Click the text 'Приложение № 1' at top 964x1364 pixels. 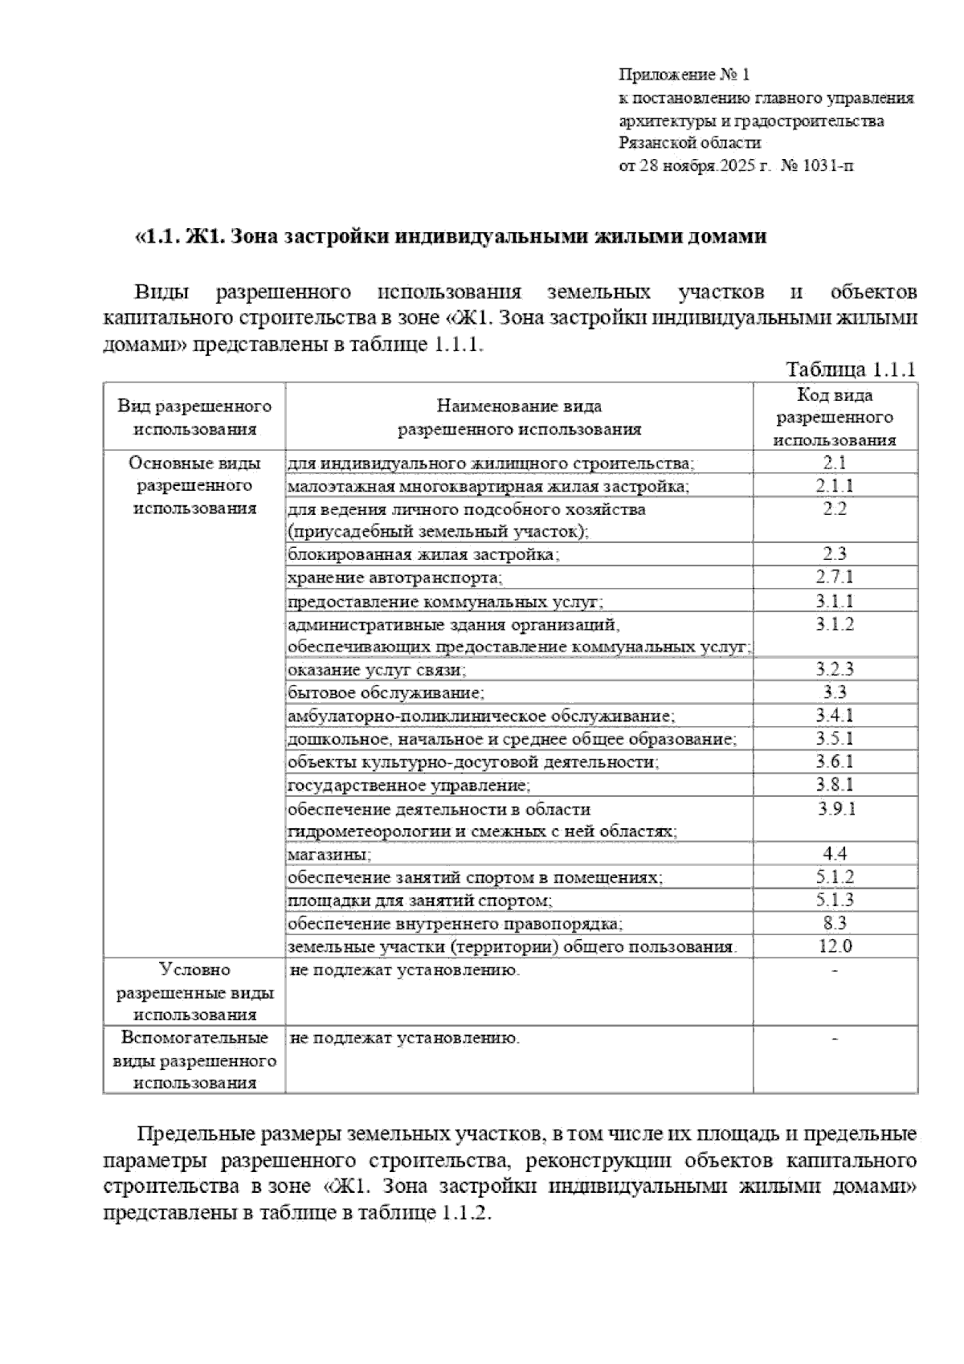pyautogui.click(x=684, y=76)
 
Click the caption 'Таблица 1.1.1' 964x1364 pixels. pyautogui.click(x=851, y=370)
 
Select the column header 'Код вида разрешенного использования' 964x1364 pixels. pyautogui.click(x=835, y=417)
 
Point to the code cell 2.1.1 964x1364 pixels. pyautogui.click(x=835, y=486)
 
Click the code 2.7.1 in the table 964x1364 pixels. pyautogui.click(x=835, y=577)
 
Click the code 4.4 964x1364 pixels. pyautogui.click(x=835, y=855)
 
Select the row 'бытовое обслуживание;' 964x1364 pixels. pyautogui.click(x=386, y=692)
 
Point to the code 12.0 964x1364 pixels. pyautogui.click(x=835, y=946)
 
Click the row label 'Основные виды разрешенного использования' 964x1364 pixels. pyautogui.click(x=194, y=485)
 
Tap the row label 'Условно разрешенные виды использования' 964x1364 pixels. pyautogui.click(x=194, y=992)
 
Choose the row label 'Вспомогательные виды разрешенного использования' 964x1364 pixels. pyautogui.click(x=194, y=1060)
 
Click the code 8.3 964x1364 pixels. pyautogui.click(x=835, y=924)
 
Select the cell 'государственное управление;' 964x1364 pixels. pyautogui.click(x=409, y=785)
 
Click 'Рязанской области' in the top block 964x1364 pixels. pyautogui.click(x=689, y=144)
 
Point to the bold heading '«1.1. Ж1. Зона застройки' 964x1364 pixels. pyautogui.click(x=450, y=237)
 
